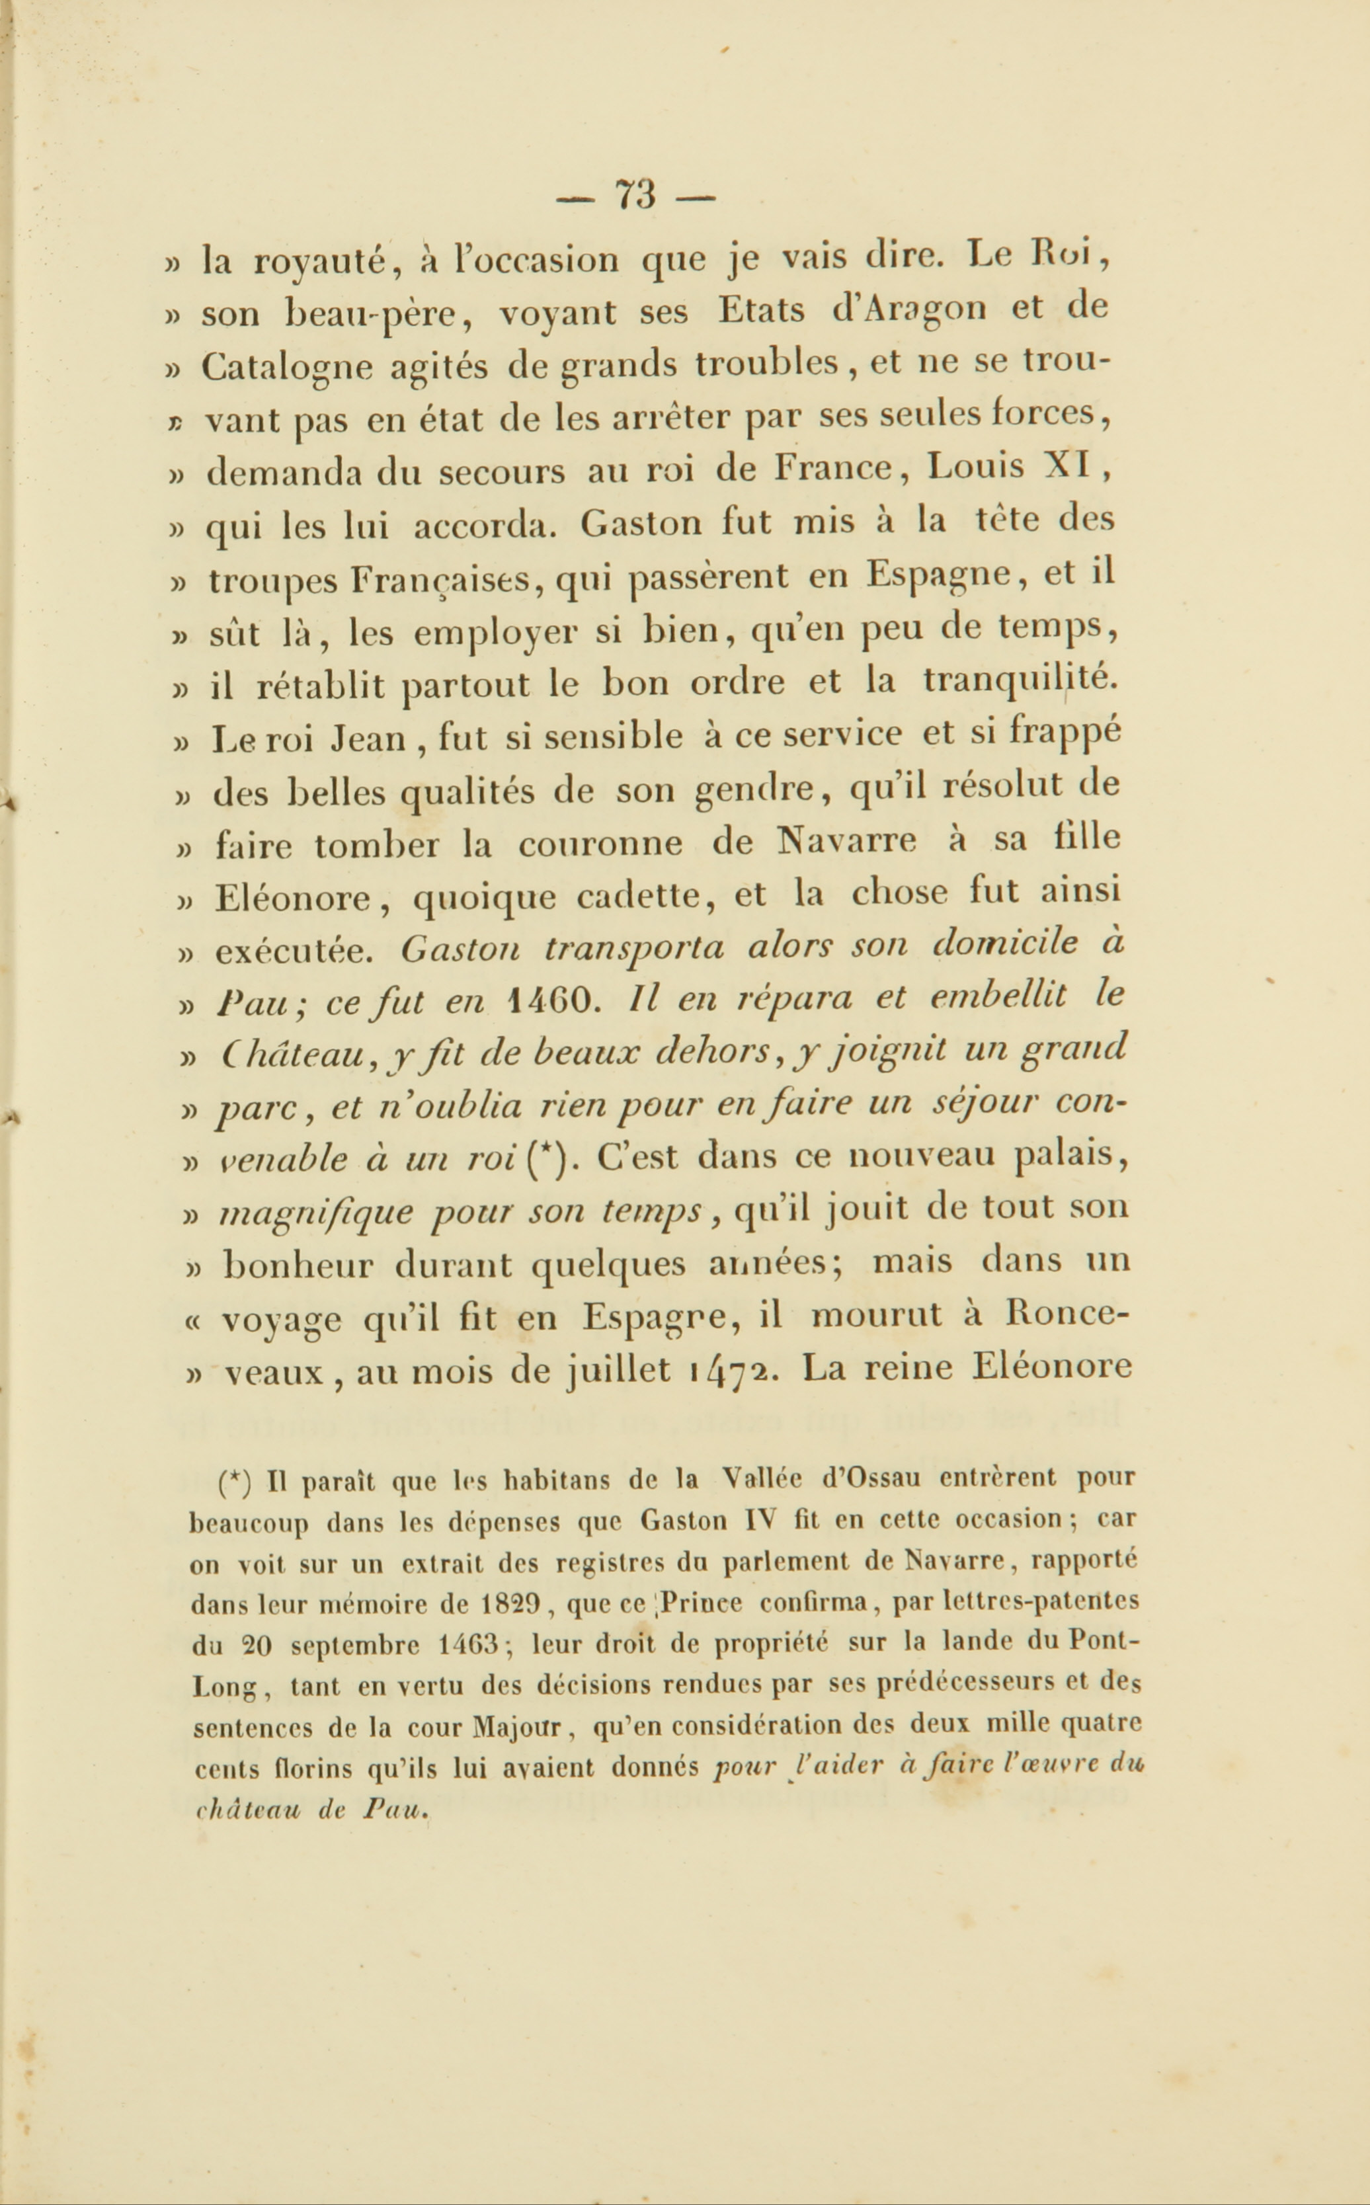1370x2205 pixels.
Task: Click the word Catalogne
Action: tap(286, 368)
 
